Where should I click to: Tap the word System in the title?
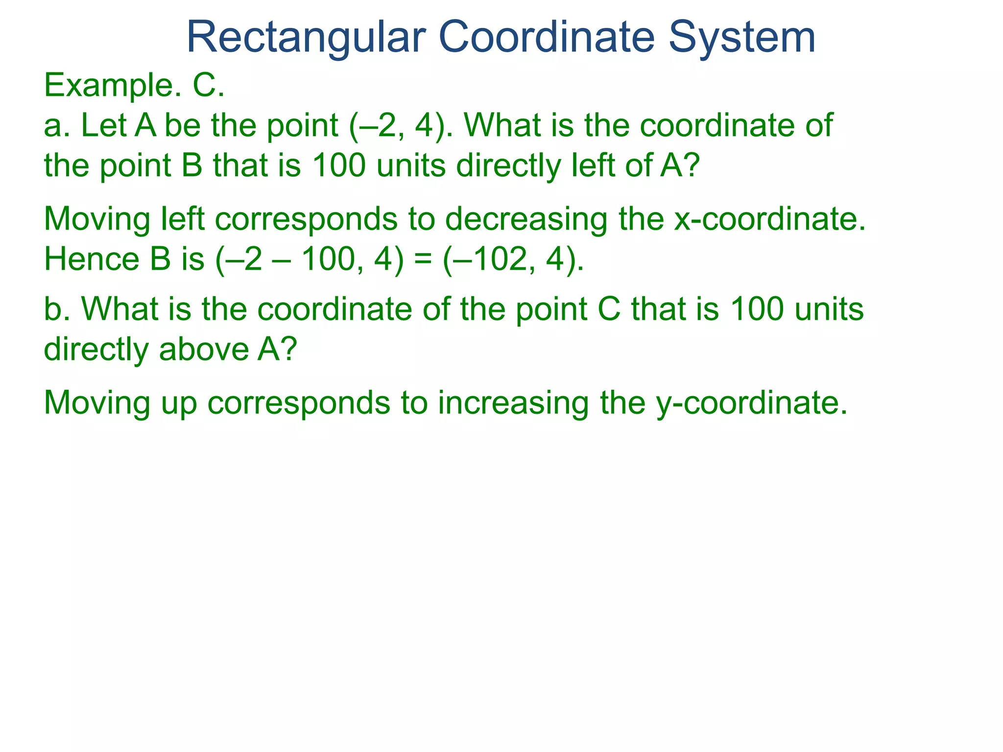coord(742,38)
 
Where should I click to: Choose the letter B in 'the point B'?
coord(192,165)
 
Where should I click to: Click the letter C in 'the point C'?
coord(609,309)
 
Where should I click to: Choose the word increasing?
coord(514,403)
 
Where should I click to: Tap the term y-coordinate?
coord(751,403)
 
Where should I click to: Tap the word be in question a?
coord(183,126)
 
